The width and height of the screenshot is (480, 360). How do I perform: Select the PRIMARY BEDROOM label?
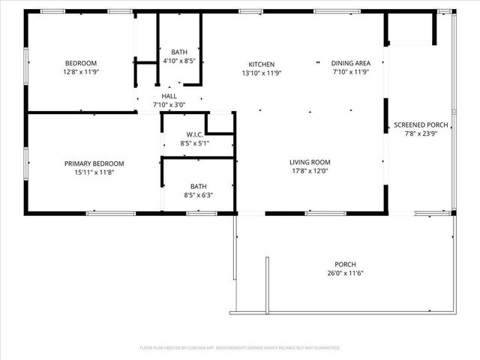coord(94,163)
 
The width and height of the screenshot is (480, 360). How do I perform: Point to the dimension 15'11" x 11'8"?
coord(94,172)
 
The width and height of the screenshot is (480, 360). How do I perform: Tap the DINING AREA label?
coord(352,64)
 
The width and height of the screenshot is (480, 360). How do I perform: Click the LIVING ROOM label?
coord(310,162)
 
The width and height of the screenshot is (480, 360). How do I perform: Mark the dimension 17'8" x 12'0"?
coord(310,171)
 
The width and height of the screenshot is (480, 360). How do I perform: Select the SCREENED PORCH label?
coord(421,124)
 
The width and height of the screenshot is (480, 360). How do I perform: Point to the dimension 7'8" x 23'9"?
coord(421,134)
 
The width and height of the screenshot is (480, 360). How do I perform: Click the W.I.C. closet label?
coord(194,133)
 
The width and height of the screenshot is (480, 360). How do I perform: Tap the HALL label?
coord(169,96)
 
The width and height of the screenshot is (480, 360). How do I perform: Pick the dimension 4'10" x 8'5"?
coord(178,61)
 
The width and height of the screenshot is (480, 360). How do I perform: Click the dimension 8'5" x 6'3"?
coord(198,196)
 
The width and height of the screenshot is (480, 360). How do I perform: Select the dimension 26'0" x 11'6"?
coord(345,274)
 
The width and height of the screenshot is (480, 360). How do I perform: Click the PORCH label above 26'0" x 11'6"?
coord(345,264)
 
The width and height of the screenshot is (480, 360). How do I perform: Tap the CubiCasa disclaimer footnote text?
coord(240,348)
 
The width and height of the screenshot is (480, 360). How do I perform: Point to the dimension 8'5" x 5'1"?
coord(194,142)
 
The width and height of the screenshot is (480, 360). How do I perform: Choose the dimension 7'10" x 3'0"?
coord(169,105)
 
